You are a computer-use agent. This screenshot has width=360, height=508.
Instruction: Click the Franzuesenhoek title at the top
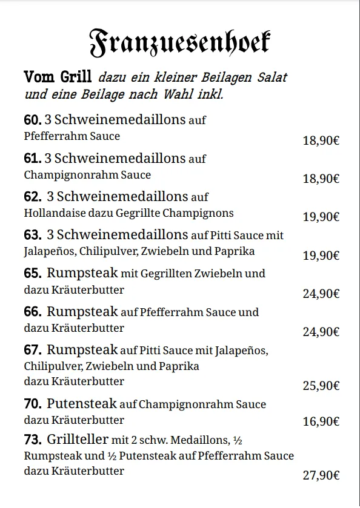tap(179, 41)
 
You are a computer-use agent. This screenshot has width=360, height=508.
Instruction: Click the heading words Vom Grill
tap(58, 78)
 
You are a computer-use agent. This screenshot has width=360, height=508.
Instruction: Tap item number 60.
tap(32, 120)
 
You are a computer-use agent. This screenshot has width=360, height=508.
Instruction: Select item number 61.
tap(32, 159)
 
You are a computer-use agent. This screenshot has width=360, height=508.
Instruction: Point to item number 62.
tap(33, 197)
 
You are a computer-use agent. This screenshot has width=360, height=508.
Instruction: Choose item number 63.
tap(33, 235)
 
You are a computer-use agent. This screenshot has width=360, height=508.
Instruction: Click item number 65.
tap(33, 274)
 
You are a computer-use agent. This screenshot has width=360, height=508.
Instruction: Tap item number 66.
tap(33, 312)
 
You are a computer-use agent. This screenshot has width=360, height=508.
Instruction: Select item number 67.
tap(33, 351)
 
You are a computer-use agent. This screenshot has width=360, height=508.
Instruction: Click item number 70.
tap(33, 404)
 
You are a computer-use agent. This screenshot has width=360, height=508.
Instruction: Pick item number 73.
tap(33, 440)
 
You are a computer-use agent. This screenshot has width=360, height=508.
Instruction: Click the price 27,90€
tap(321, 476)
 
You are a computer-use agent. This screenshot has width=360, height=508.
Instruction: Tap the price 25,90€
tap(321, 386)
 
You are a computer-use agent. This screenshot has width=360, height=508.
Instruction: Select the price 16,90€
tap(321, 422)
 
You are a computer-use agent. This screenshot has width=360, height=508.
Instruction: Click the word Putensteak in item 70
tap(82, 404)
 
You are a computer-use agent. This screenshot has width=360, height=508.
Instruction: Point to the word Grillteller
tap(78, 440)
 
